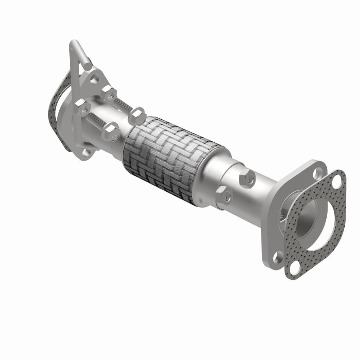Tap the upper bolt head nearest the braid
coord(137,115)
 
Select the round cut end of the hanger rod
coord(88,66)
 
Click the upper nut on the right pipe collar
coord(247,178)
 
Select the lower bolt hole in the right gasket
coord(295,269)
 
